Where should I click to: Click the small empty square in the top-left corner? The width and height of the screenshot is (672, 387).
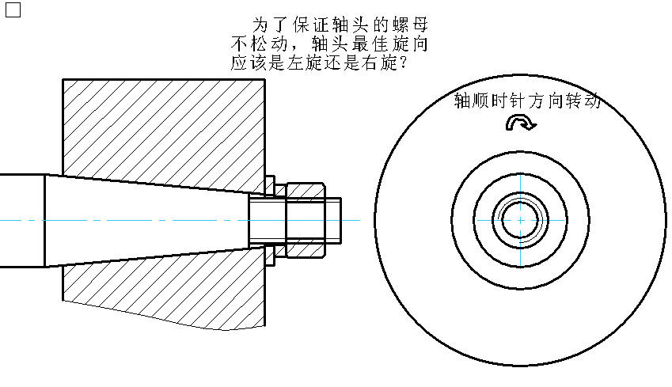(x=12, y=10)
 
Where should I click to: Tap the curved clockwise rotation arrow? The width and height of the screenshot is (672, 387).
(x=520, y=123)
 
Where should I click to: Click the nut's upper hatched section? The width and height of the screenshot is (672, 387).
(x=305, y=191)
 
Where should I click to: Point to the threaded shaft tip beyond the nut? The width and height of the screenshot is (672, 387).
(x=333, y=220)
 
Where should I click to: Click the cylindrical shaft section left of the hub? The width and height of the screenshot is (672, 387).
(x=21, y=220)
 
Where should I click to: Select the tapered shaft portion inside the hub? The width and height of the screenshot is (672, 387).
(x=142, y=220)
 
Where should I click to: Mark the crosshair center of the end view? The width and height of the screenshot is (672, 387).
(x=520, y=220)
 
